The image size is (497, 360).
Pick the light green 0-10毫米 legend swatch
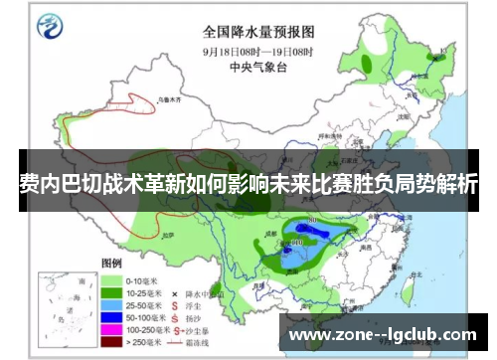click(110, 280)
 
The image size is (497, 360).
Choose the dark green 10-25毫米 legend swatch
click(110, 294)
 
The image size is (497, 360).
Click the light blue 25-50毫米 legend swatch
click(110, 308)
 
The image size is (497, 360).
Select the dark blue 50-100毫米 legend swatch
click(110, 321)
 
